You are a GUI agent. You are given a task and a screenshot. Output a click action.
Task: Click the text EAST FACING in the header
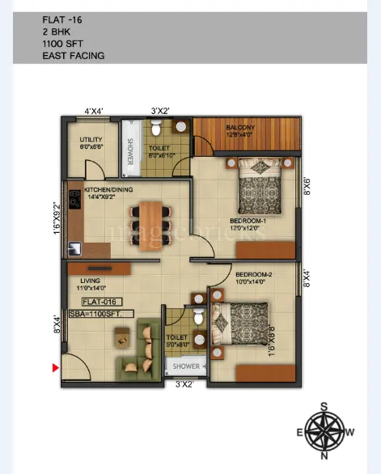coord(74,57)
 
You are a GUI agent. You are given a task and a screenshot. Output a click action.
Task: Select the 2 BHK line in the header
coord(58,31)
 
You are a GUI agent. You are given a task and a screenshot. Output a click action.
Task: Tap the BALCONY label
coord(241,128)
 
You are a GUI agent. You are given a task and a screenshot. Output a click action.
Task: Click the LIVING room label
coord(86,281)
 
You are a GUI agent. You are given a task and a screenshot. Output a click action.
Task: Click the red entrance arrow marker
coord(55,368)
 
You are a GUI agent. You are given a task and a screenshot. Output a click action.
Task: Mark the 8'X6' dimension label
coord(307,187)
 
